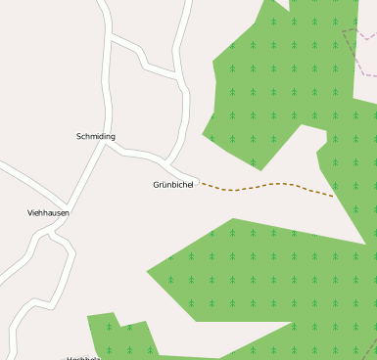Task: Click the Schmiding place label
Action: [x=95, y=137]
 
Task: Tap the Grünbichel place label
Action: [x=173, y=185]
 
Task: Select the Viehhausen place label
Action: [x=48, y=212]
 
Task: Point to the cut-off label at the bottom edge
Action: [x=84, y=358]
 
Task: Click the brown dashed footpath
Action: [x=264, y=185]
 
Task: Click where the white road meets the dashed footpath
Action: [x=200, y=182]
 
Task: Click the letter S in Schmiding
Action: [x=78, y=137]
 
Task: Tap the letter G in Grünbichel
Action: [x=156, y=185]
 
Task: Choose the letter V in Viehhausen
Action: [x=30, y=212]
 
